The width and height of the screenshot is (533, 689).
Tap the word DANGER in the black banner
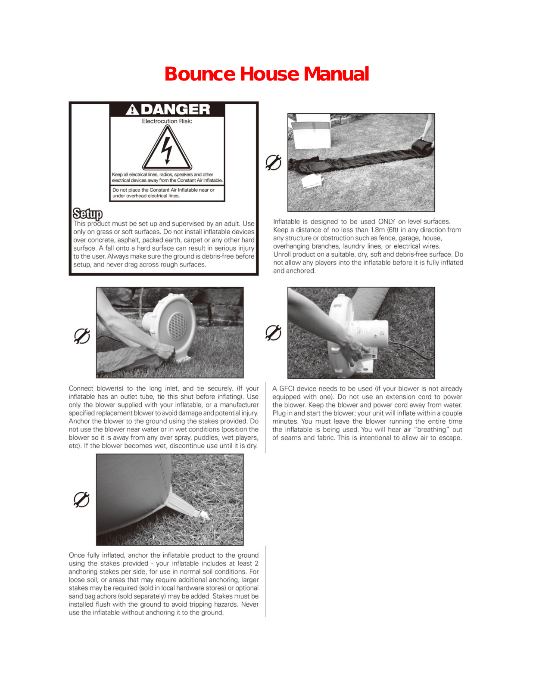(x=175, y=109)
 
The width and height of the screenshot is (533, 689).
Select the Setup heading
(x=87, y=214)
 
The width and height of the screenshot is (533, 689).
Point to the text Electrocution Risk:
(x=167, y=121)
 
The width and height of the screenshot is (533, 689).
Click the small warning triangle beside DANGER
(x=132, y=110)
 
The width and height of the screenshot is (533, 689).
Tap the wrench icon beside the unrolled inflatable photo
(x=273, y=162)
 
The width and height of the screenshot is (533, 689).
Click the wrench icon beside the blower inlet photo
(x=82, y=336)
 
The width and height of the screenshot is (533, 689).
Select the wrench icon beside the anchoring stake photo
(x=81, y=500)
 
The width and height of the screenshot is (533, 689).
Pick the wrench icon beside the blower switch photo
(x=273, y=332)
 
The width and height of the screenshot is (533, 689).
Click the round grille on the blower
(x=178, y=326)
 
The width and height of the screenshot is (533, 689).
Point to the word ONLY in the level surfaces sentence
(x=386, y=221)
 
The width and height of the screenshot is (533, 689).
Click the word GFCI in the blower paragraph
(x=288, y=388)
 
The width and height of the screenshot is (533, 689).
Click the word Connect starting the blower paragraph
(x=81, y=388)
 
